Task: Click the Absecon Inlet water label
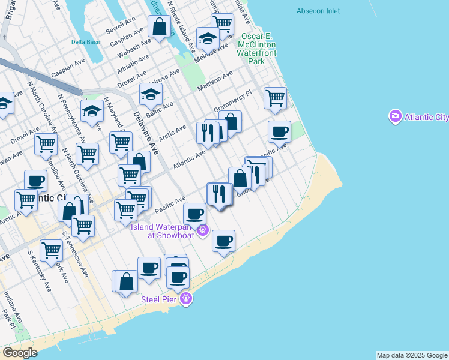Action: click(318, 11)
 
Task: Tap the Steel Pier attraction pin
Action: click(186, 298)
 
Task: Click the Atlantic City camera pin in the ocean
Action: click(395, 116)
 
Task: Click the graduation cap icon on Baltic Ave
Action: click(151, 93)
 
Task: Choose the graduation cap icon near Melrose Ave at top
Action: click(208, 38)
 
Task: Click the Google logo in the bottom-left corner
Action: click(20, 352)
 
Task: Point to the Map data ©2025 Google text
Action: click(412, 355)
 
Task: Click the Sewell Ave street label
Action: click(120, 25)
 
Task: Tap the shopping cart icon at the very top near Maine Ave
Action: click(222, 23)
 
